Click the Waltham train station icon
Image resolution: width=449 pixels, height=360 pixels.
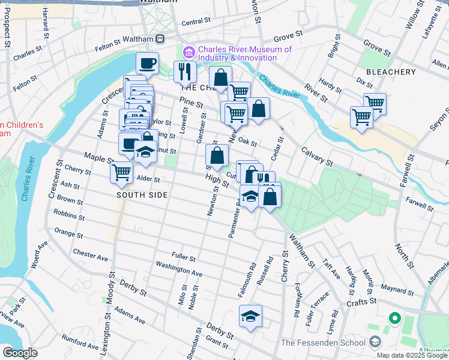pyautogui.click(x=160, y=39)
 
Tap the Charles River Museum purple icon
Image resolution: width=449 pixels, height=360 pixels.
pyautogui.click(x=189, y=53)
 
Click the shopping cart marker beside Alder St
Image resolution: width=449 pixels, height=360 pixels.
pyautogui.click(x=121, y=172)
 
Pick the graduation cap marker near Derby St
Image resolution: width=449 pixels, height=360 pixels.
pyautogui.click(x=250, y=316)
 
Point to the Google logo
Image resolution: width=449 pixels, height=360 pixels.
pyautogui.click(x=20, y=353)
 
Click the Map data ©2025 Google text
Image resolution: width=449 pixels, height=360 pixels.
pyautogui.click(x=412, y=355)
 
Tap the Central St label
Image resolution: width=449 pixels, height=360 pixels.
pyautogui.click(x=196, y=22)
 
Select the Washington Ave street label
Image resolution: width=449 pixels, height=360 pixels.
pyautogui.click(x=179, y=268)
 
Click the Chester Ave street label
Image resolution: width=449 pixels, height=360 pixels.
pyautogui.click(x=90, y=255)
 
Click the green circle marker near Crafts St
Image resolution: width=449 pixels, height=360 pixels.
pyautogui.click(x=395, y=318)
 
